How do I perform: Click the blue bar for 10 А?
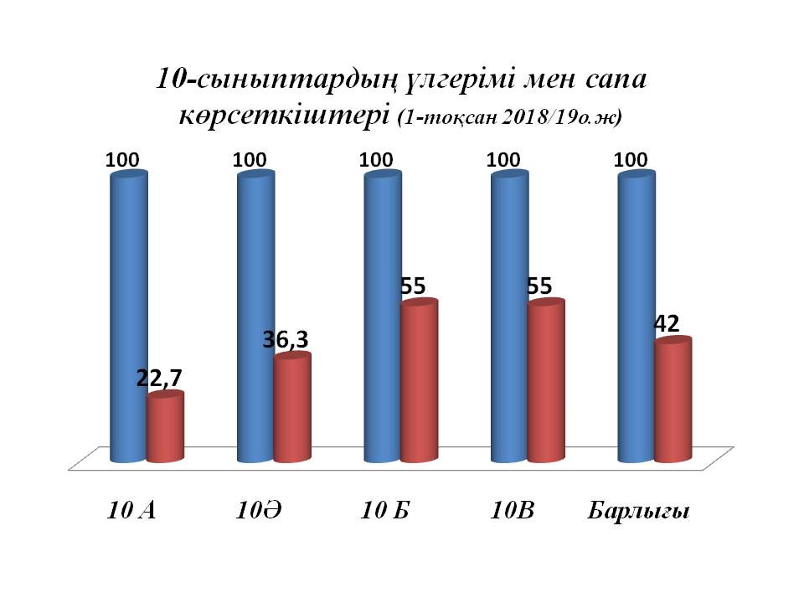pos(129,318)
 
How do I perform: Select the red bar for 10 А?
pos(165,429)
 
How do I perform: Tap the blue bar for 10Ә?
pos(256,318)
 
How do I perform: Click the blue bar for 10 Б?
pos(383,318)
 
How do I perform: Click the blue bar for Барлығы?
pos(636,318)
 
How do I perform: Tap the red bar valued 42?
pos(673,401)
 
